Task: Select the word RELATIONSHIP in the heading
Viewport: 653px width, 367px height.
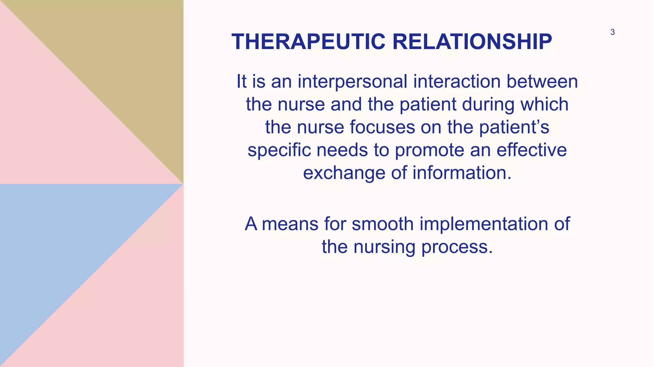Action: pos(472,42)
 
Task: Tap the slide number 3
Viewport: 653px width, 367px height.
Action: pos(613,32)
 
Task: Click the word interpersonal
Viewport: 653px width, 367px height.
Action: pos(352,82)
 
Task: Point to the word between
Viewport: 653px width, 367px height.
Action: pos(542,82)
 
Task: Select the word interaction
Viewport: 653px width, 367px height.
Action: pos(457,82)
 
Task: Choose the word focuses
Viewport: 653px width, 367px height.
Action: pos(382,127)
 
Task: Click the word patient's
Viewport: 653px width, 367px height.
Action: pos(514,127)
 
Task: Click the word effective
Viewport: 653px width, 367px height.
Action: pos(532,150)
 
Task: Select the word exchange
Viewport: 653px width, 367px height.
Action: pos(344,173)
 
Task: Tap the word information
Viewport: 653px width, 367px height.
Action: pos(462,173)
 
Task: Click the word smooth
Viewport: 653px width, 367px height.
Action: pos(383,224)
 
